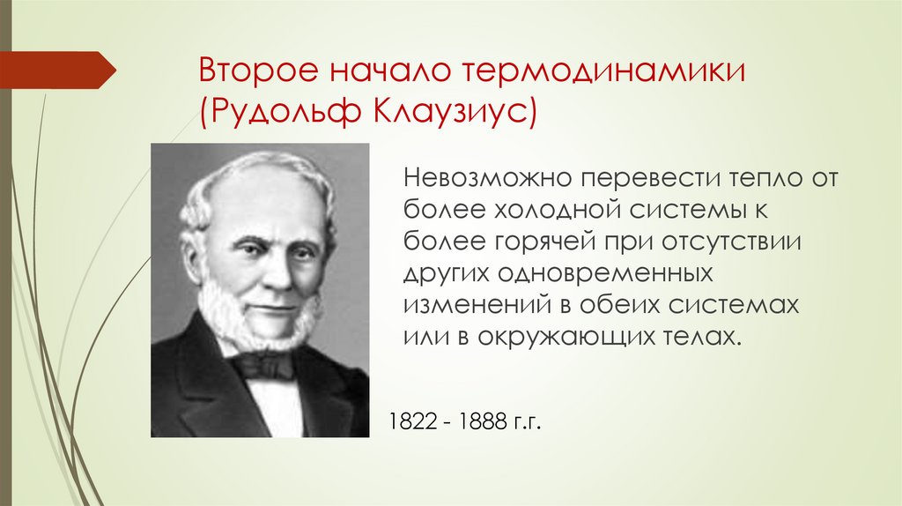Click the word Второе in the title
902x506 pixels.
(250, 71)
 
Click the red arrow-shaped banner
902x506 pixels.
(57, 70)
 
